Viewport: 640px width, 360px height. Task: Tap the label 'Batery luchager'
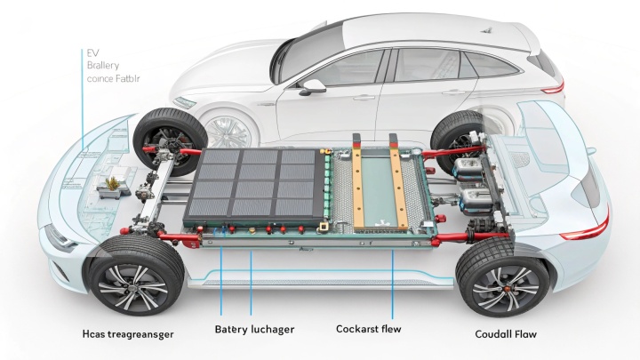pyautogui.click(x=255, y=329)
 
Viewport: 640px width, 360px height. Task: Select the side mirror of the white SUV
pyautogui.click(x=313, y=86)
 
